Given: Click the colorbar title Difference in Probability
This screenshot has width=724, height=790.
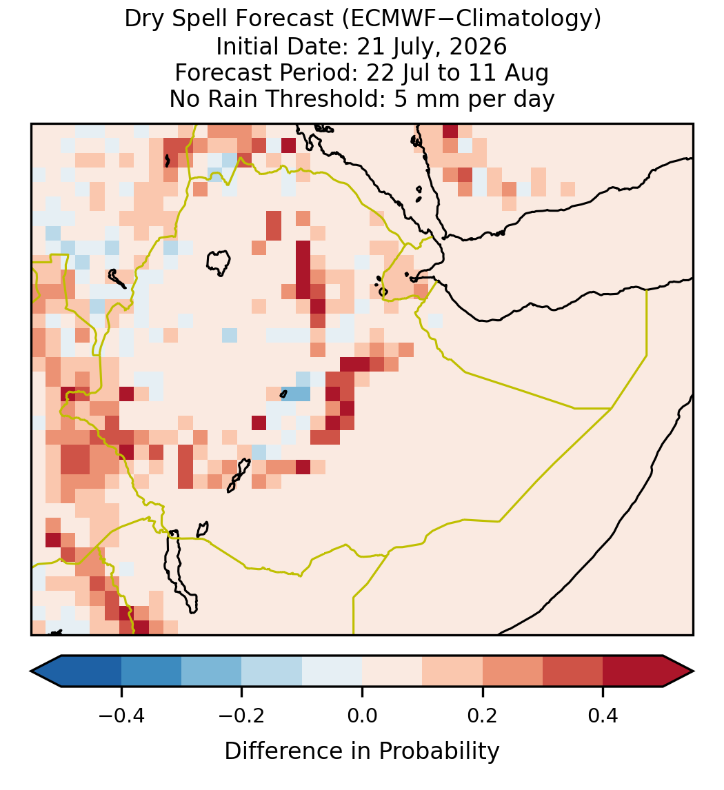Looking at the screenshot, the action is pos(362,751).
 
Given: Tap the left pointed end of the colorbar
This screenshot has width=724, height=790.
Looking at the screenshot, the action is pos(31,671).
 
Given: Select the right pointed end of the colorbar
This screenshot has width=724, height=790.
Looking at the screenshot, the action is pos(694,671).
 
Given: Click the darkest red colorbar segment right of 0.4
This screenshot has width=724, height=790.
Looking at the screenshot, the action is pos(633,671).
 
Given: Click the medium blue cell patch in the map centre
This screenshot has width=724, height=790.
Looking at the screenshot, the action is pos(296,393).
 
